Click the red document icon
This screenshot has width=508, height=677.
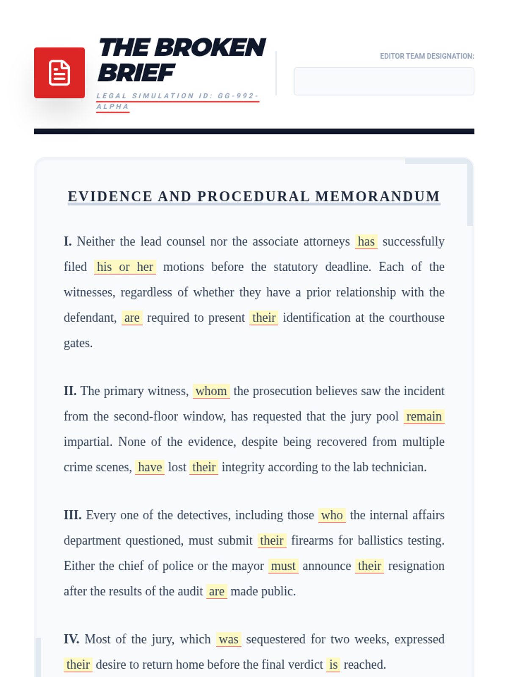tap(59, 73)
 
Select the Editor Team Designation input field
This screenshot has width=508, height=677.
tap(384, 81)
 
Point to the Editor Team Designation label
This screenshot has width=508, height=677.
tap(427, 56)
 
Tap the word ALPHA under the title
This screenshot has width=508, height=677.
tap(113, 107)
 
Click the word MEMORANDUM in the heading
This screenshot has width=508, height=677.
tap(378, 197)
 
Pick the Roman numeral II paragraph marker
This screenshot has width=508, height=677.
tap(70, 391)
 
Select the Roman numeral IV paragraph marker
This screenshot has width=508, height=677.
tap(71, 639)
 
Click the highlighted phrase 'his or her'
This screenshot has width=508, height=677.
tap(125, 267)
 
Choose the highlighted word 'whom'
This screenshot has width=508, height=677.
tap(211, 391)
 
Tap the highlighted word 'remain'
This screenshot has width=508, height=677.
tap(424, 416)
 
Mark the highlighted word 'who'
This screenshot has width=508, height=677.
tap(332, 515)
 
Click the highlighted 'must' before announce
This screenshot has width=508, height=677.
tap(283, 566)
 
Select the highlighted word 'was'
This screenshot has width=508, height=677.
tap(229, 639)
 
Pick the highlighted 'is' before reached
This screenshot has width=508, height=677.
tap(334, 665)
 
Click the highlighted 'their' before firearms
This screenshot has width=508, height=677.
tap(272, 541)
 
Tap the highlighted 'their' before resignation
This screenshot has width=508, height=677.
tap(370, 566)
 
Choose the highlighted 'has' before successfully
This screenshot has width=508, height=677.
tap(366, 242)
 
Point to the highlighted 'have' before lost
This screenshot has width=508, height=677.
tap(150, 467)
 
